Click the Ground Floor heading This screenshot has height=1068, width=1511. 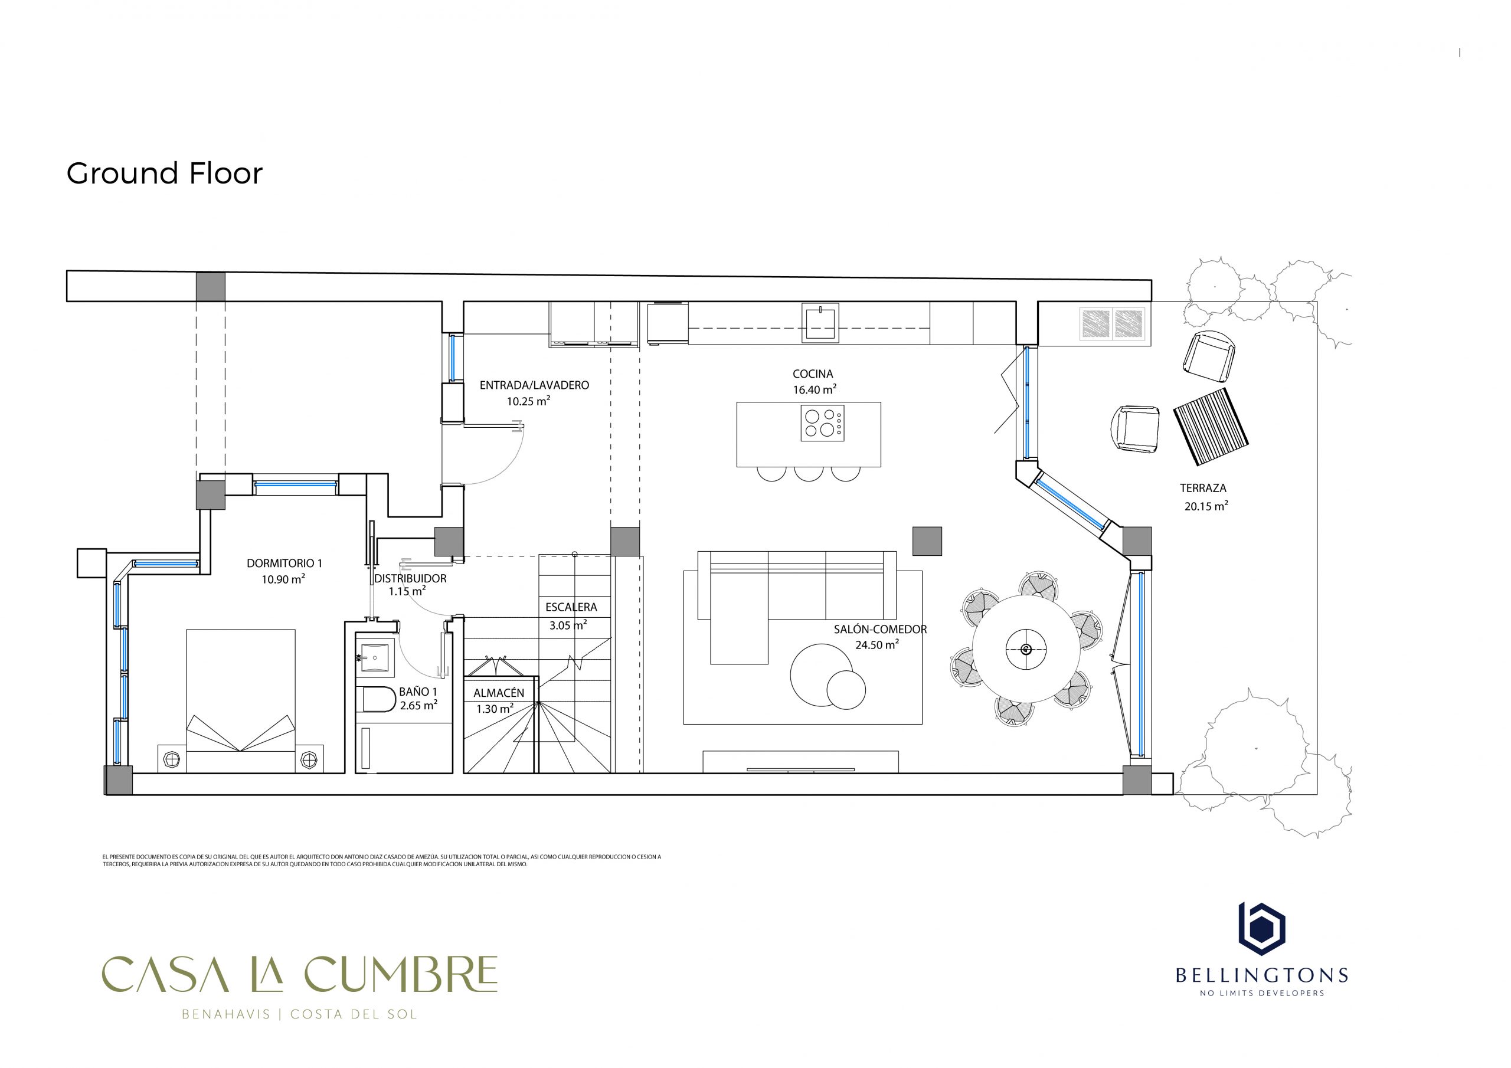[x=165, y=173]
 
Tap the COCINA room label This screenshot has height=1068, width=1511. [x=813, y=374]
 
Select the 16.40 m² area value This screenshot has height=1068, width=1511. [x=815, y=389]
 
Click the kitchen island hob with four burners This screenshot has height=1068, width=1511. [x=823, y=422]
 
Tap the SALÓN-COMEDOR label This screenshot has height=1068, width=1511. [x=880, y=629]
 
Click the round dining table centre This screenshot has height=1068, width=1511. [x=1025, y=650]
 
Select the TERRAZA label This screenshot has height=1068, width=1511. [x=1203, y=488]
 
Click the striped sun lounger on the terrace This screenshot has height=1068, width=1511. [x=1211, y=427]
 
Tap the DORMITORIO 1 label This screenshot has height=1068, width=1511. [x=284, y=564]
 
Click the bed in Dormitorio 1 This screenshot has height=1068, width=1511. [x=241, y=700]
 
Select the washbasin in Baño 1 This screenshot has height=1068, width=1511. [x=375, y=657]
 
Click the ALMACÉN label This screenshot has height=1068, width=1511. [x=499, y=693]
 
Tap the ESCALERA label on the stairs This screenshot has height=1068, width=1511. [x=571, y=607]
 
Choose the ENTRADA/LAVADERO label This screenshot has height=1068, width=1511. [x=534, y=385]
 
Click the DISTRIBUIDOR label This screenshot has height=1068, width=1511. [x=410, y=578]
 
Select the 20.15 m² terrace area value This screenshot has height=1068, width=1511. [x=1206, y=506]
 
